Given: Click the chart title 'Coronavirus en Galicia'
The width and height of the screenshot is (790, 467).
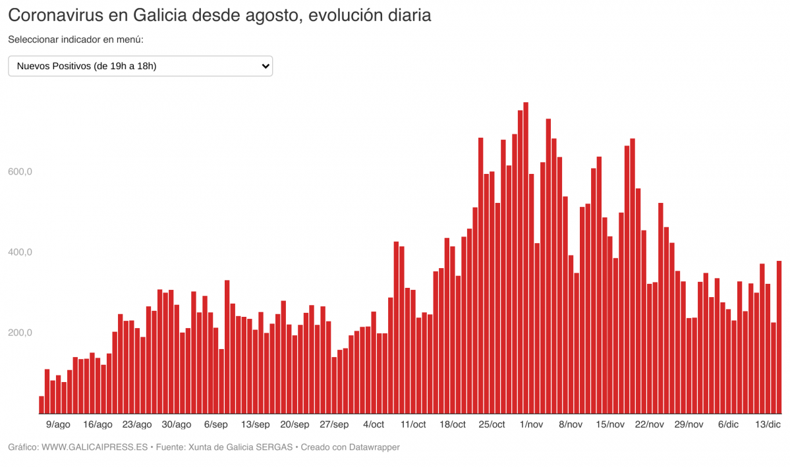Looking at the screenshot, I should tap(219, 15).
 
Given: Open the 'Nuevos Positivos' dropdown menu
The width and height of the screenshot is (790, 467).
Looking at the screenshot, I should tap(140, 66).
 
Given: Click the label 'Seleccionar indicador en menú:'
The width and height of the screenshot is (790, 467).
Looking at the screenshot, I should tap(76, 40).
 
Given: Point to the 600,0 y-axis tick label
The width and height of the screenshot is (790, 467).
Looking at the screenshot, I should tap(20, 172).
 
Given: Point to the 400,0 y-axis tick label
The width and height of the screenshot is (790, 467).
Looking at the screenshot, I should tap(20, 252).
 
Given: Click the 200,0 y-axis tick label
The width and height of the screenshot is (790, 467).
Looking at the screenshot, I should tap(20, 333).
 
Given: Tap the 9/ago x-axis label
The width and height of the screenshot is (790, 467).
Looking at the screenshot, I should tap(59, 424).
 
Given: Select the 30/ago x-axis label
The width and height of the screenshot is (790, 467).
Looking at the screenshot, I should tap(177, 424).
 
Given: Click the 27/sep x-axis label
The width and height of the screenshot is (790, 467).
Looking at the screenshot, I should tap(334, 424).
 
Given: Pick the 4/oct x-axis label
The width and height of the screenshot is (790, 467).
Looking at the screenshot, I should tap(374, 424).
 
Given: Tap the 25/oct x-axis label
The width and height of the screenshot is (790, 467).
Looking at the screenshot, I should tap(492, 424).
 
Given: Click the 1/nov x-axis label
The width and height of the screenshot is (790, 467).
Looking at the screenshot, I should tap(531, 424).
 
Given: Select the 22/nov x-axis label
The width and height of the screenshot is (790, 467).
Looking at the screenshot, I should tap(649, 424).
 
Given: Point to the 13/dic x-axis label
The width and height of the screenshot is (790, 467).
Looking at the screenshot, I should tap(768, 424).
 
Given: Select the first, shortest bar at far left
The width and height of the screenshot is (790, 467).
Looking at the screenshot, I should tap(42, 405).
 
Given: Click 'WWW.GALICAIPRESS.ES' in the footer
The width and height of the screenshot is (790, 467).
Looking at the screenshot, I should tap(94, 447).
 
